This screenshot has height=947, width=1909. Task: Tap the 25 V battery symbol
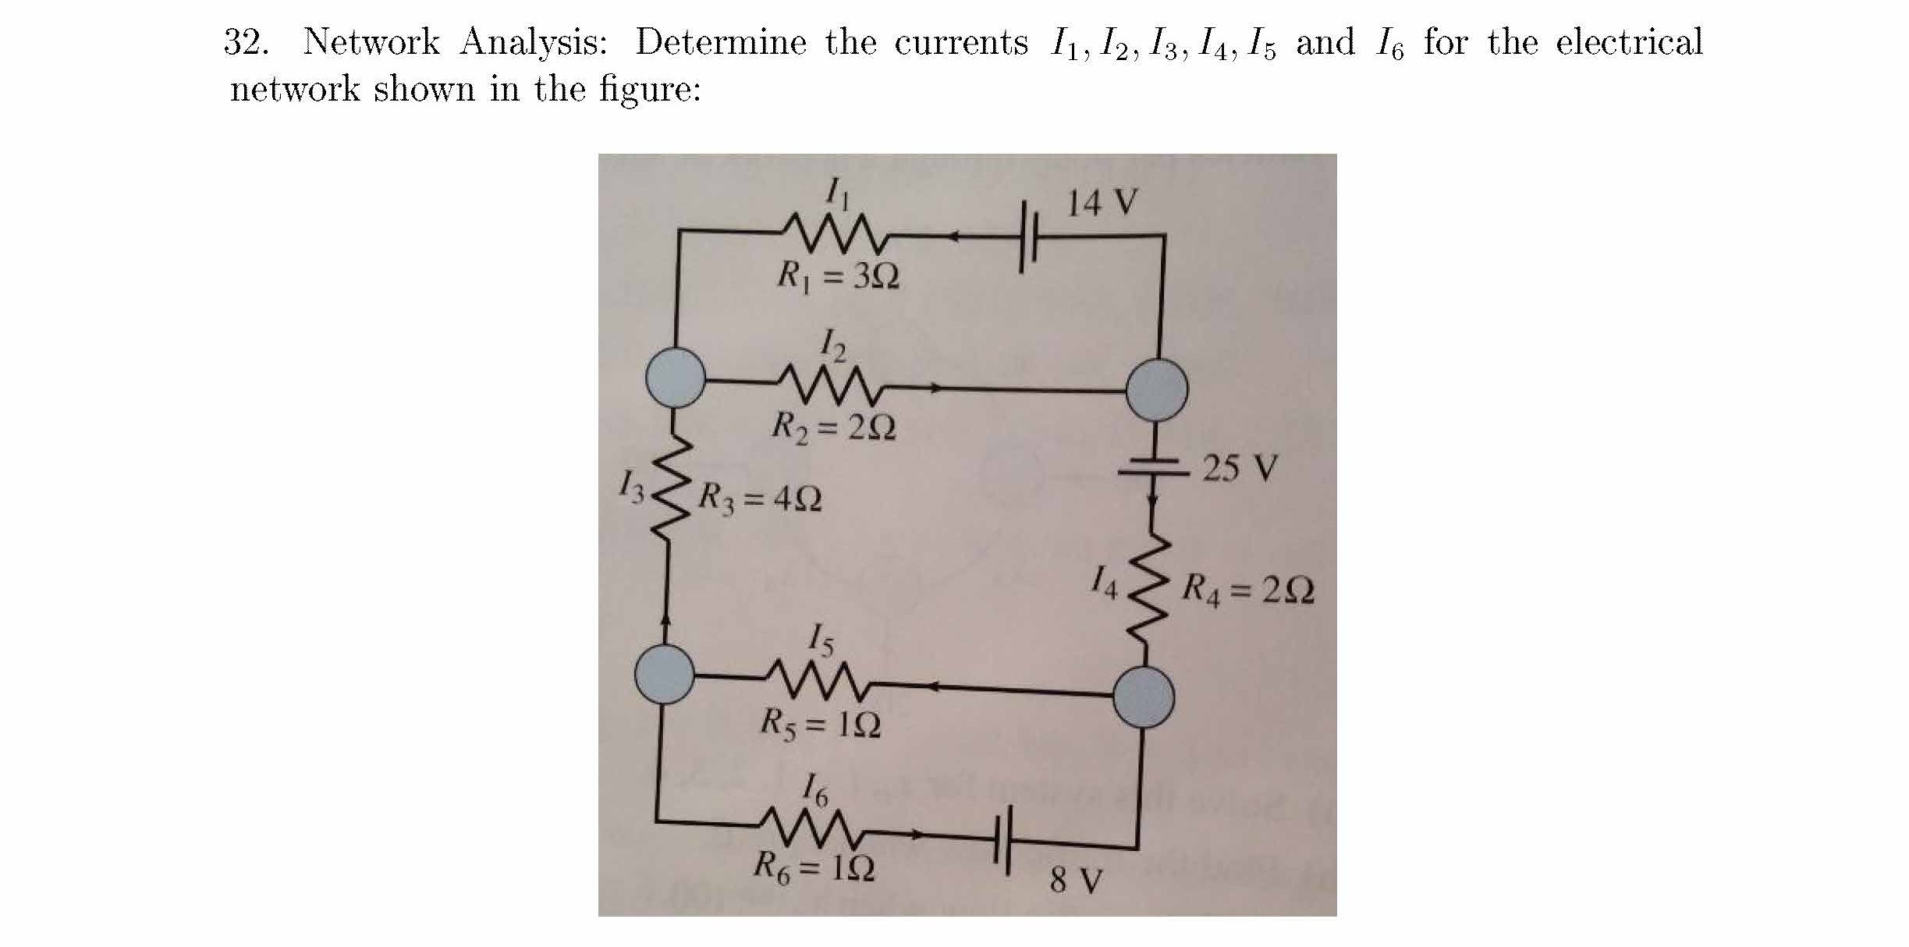[x=1153, y=466]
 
